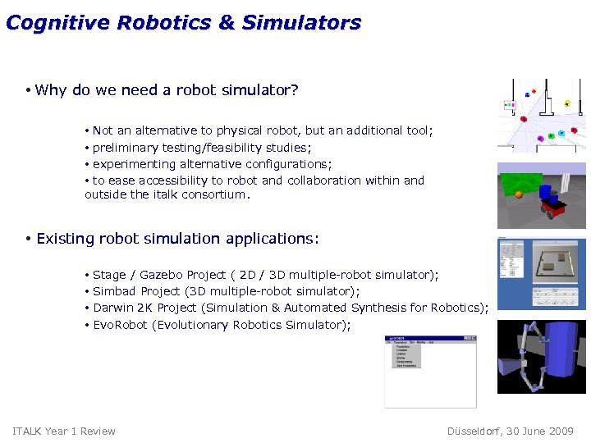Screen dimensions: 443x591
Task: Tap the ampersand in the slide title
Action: (x=226, y=23)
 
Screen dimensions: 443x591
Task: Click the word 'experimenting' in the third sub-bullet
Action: (x=133, y=164)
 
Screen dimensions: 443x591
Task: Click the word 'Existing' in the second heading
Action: (x=64, y=239)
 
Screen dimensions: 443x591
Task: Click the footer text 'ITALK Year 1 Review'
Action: (x=64, y=432)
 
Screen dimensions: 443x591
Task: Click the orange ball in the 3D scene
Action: (x=518, y=195)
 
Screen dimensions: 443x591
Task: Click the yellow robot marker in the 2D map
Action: (x=566, y=104)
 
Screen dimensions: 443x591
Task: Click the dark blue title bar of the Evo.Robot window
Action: (x=430, y=337)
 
